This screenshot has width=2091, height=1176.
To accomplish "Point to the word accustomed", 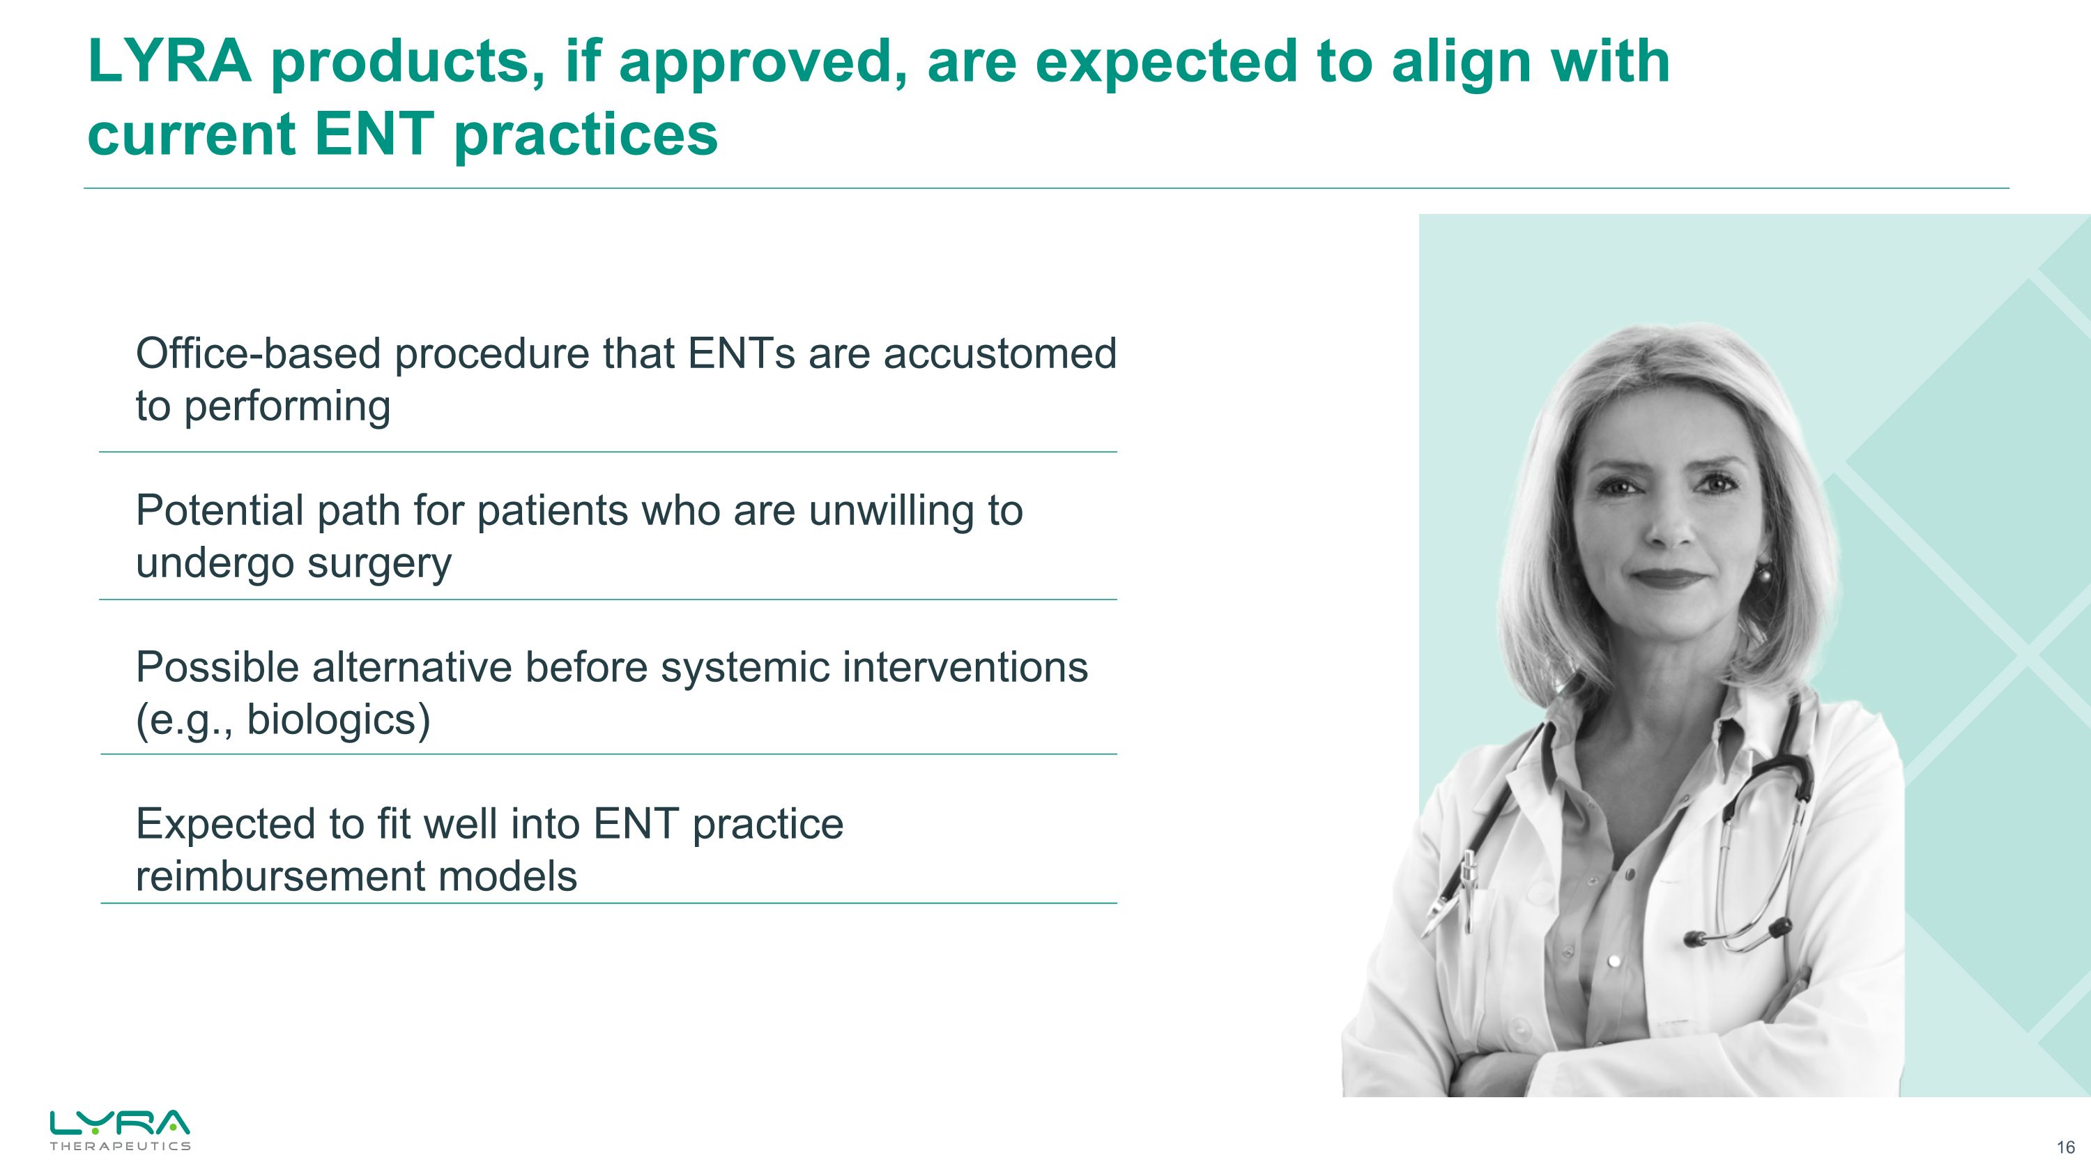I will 999,355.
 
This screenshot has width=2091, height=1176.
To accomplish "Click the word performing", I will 286,407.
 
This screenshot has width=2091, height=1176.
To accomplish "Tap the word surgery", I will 379,565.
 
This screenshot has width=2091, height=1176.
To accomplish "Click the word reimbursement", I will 280,876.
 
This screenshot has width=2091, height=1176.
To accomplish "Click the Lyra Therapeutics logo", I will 120,1129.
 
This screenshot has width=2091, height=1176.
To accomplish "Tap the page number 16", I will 2065,1147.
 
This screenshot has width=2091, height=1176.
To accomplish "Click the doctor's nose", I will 1667,532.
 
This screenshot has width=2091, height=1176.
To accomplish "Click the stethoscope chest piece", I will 1696,939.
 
